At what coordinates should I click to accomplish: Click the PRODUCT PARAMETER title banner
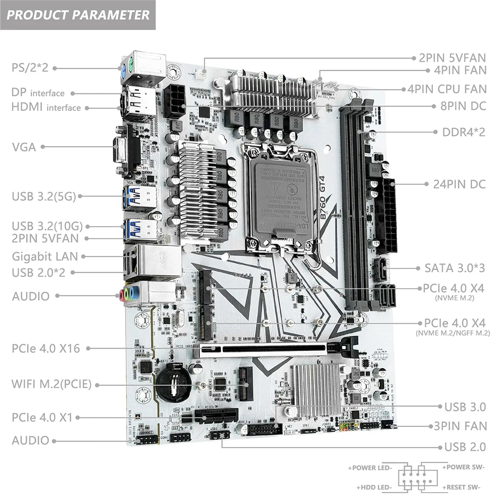(x=78, y=14)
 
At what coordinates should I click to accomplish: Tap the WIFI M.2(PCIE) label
(x=51, y=384)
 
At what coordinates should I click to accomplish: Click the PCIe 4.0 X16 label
(x=46, y=348)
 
